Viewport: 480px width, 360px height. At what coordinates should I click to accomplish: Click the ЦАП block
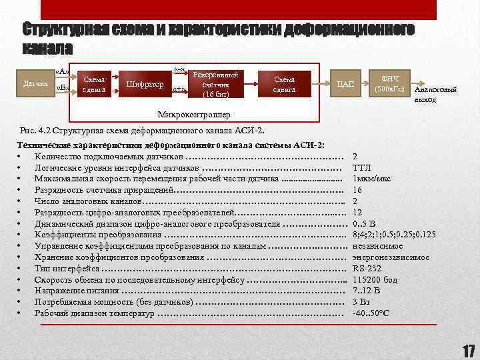pyautogui.click(x=346, y=84)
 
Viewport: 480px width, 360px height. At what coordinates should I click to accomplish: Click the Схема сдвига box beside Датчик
pyautogui.click(x=93, y=84)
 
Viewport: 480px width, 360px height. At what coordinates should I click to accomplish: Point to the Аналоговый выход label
pyautogui.click(x=429, y=95)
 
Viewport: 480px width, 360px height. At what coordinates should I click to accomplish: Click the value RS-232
pyautogui.click(x=367, y=268)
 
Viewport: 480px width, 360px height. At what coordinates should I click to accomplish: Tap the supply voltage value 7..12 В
pyautogui.click(x=366, y=291)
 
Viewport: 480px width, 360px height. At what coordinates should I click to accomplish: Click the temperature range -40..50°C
pyautogui.click(x=371, y=313)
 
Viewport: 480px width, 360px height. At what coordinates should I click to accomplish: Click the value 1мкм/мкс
pyautogui.click(x=372, y=179)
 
